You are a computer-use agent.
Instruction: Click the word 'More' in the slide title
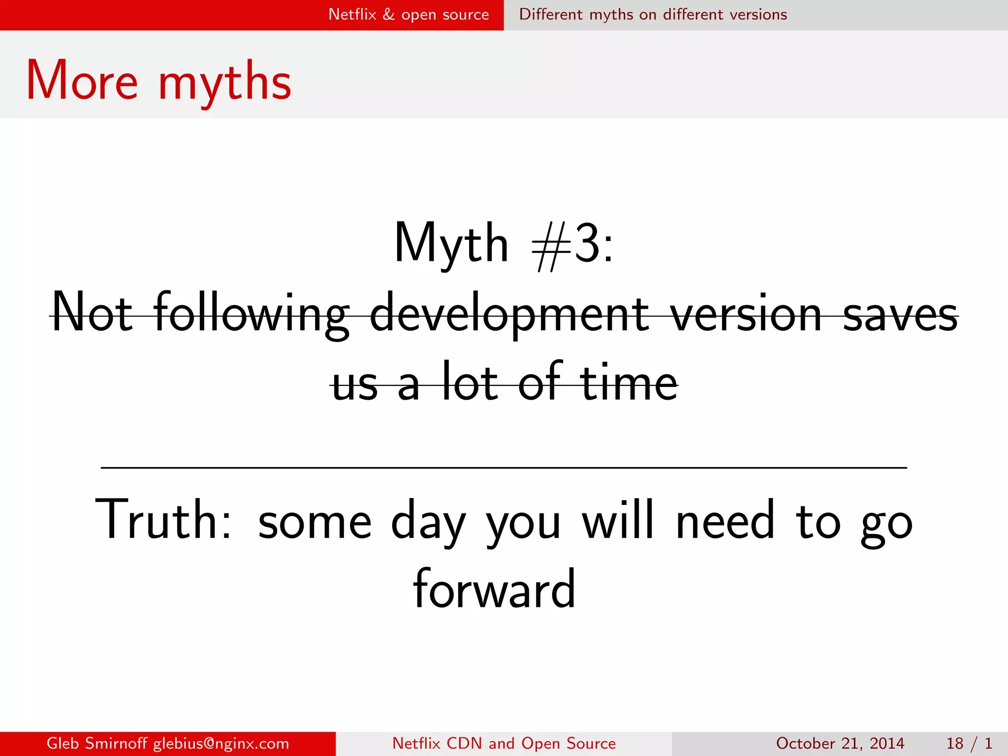click(82, 81)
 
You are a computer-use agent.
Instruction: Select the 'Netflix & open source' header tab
click(409, 15)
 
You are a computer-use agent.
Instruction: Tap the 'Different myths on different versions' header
click(653, 15)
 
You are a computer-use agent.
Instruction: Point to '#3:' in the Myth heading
click(572, 244)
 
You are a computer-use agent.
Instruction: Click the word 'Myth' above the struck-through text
click(451, 244)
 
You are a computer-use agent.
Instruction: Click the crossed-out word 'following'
click(251, 314)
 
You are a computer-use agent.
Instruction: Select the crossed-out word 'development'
click(509, 314)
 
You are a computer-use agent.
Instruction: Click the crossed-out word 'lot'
click(470, 382)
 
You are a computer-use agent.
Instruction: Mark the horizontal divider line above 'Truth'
click(504, 468)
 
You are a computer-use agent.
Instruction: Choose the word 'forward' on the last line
click(494, 589)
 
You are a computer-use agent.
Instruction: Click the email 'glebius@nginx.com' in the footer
click(221, 743)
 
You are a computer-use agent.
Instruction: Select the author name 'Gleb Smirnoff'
click(96, 743)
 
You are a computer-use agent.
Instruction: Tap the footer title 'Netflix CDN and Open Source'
click(504, 743)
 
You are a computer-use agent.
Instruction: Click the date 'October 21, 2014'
click(840, 743)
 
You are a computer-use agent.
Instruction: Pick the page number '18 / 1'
click(969, 743)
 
